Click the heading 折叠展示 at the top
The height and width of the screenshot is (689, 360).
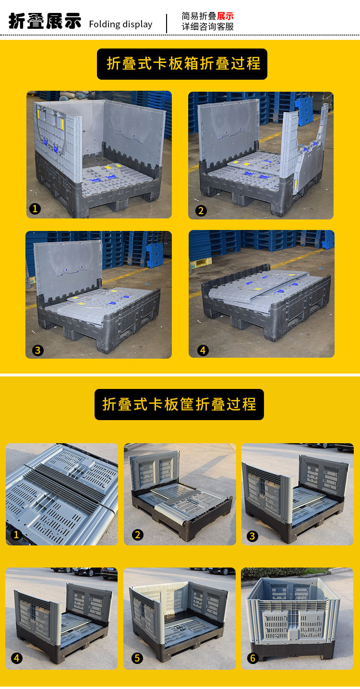point(45,22)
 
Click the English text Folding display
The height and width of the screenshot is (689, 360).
point(120,24)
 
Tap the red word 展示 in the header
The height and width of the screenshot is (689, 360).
point(225,16)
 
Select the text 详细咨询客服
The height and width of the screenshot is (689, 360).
point(207,27)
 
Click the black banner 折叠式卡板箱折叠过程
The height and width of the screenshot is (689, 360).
point(182,64)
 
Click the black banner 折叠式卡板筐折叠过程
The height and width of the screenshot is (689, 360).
point(179,404)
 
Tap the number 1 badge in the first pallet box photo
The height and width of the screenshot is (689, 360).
point(35,208)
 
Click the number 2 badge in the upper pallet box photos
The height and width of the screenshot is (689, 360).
point(201,210)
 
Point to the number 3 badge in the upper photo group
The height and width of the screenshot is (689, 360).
point(38,350)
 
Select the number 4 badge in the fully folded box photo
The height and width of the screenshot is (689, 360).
point(203,351)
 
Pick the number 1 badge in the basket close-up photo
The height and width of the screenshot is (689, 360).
point(16,534)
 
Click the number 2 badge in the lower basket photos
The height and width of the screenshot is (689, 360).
point(138,534)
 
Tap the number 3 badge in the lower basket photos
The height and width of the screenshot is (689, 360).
point(252,536)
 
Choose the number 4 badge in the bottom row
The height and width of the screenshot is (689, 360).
point(17,658)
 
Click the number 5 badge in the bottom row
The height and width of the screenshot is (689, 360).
point(137,658)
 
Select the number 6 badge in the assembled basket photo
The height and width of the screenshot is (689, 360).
point(253,658)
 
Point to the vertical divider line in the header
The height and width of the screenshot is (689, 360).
point(167,23)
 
